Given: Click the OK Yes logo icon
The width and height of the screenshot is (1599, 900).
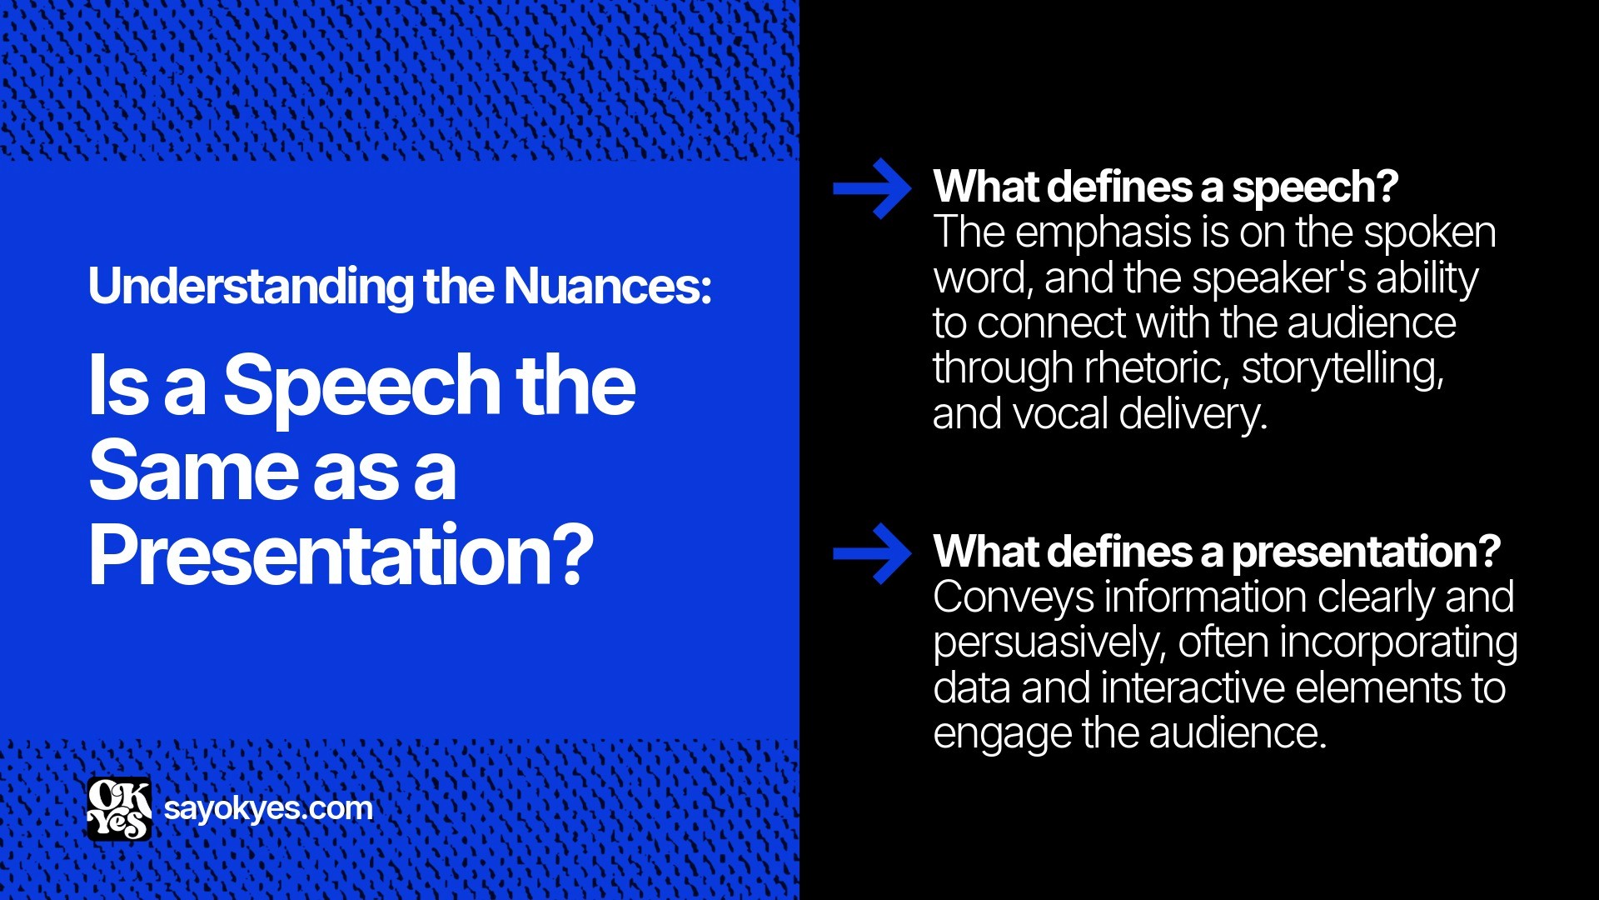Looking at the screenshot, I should [x=119, y=809].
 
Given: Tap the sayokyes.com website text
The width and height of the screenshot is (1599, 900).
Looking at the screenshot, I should [x=268, y=808].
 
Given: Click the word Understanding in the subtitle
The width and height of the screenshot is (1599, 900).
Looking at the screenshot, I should [x=251, y=287].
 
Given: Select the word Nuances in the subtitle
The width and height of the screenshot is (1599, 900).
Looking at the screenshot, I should [x=607, y=287].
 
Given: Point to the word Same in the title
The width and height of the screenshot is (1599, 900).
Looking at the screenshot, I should [x=193, y=471].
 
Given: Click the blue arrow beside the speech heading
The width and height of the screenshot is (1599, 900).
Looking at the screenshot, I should [x=872, y=189].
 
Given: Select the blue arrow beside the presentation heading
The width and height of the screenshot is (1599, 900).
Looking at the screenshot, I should [x=872, y=553].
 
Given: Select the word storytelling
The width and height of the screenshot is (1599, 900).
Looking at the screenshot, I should [x=1342, y=369].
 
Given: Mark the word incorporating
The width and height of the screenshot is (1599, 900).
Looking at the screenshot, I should [x=1398, y=643].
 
